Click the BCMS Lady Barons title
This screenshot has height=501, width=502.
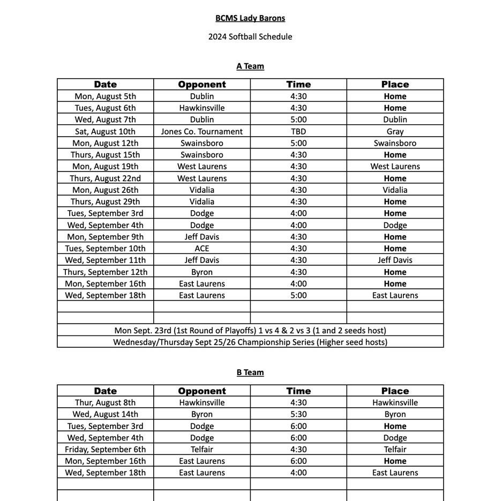coord(250,18)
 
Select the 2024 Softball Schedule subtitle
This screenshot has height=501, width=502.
coord(250,37)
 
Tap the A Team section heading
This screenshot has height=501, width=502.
coord(250,66)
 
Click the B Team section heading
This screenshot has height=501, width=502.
coord(250,372)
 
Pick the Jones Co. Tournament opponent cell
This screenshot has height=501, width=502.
coord(201,131)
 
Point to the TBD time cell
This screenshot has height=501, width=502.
coord(298,131)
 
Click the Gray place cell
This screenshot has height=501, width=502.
coord(395,131)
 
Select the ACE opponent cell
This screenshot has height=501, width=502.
coord(201,249)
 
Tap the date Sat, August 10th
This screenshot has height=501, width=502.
coord(105,131)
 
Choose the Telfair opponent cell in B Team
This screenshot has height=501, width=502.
coord(201,450)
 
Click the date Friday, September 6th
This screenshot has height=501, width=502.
coord(105,450)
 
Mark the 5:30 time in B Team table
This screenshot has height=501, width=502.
coord(298,414)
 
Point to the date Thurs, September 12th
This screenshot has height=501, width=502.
coord(105,272)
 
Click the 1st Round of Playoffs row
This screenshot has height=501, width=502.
coord(250,331)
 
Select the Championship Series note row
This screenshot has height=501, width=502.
coord(250,342)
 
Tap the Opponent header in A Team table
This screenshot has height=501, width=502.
coord(201,85)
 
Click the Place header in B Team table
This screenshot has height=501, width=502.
coord(395,391)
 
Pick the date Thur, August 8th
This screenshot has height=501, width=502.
coord(105,403)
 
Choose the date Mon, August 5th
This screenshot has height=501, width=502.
coord(105,96)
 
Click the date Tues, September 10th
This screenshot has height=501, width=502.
coord(105,249)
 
